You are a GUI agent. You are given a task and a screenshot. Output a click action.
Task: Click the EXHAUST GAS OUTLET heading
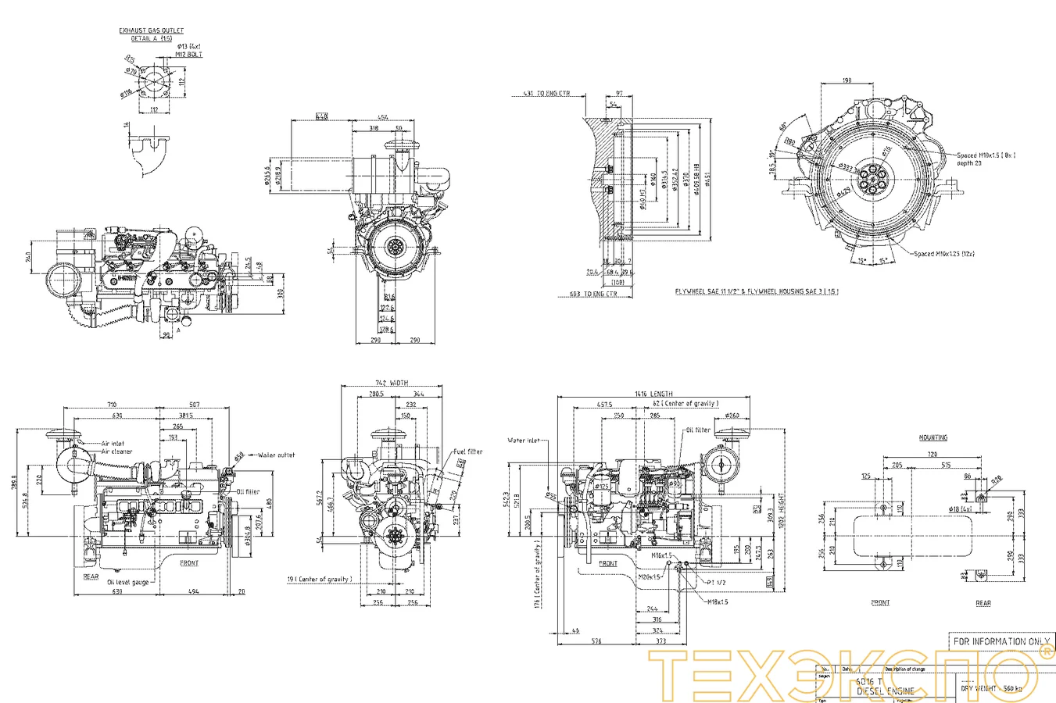coord(152,30)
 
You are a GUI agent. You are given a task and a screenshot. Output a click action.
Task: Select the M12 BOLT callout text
coord(189,55)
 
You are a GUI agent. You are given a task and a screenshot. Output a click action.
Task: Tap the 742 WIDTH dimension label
coord(392,384)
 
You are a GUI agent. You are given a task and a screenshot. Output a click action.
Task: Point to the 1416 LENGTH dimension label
coord(653,394)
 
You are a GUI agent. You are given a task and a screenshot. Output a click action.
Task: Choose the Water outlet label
coord(276,455)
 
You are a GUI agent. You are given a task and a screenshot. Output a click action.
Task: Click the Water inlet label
coord(523,441)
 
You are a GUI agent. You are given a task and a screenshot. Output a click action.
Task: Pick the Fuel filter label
coord(468,451)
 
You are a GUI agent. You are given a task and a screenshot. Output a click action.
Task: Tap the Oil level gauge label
coord(128,582)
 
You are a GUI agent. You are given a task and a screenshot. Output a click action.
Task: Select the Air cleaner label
coord(116,451)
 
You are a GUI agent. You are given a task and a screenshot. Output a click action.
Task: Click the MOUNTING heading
coord(933,438)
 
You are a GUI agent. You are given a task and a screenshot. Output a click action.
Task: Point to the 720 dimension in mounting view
coord(932,454)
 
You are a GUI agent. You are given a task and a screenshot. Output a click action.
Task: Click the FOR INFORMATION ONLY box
coord(1001,641)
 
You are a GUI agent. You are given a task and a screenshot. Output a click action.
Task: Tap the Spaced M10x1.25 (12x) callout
coord(944,254)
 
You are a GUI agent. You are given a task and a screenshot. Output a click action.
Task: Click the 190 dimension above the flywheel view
coord(847,80)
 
